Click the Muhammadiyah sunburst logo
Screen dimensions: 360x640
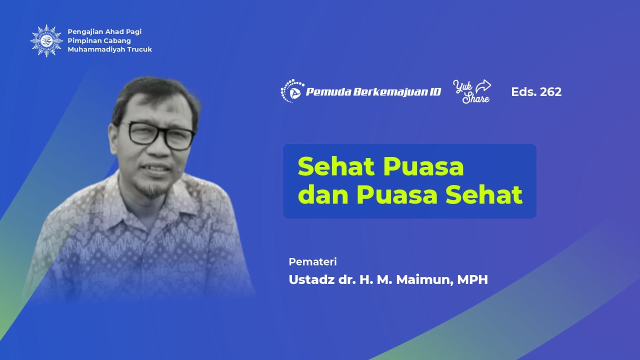(46, 40)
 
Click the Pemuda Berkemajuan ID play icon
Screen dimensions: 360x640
(295, 92)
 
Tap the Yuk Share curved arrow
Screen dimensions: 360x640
(483, 86)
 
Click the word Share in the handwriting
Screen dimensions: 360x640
(475, 98)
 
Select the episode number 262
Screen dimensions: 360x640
(551, 92)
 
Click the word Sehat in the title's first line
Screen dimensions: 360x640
(333, 167)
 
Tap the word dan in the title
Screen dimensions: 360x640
(323, 195)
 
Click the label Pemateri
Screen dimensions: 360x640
(312, 261)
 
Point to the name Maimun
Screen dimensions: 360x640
(424, 280)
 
